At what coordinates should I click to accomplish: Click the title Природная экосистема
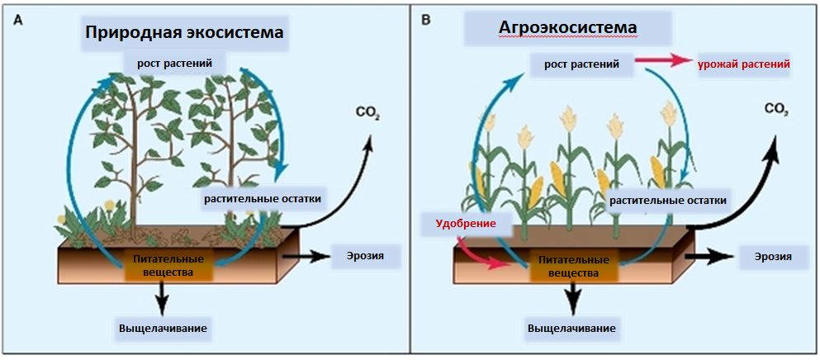pyautogui.click(x=184, y=33)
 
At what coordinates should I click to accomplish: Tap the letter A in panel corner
pyautogui.click(x=18, y=17)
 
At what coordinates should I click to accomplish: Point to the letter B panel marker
pyautogui.click(x=426, y=17)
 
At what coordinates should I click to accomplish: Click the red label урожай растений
pyautogui.click(x=745, y=64)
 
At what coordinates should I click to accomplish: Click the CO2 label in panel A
pyautogui.click(x=367, y=111)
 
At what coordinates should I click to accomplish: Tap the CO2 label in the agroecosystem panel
pyautogui.click(x=775, y=109)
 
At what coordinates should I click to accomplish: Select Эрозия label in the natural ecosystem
pyautogui.click(x=363, y=255)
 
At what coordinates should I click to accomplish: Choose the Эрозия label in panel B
pyautogui.click(x=773, y=258)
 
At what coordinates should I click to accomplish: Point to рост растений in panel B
pyautogui.click(x=581, y=64)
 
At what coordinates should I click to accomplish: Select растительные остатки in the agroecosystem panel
pyautogui.click(x=668, y=200)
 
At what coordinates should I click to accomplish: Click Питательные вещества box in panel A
pyautogui.click(x=163, y=265)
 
